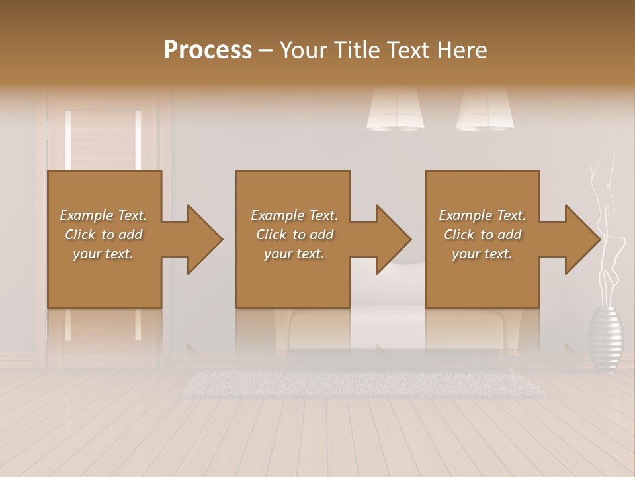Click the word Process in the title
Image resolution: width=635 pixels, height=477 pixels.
point(208,50)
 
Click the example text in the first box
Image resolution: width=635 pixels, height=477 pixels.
point(103,235)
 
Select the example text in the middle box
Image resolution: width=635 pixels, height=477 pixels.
point(294,235)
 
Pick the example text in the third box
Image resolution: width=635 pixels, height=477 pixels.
point(482,235)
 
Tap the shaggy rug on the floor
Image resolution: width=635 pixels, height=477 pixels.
point(364,384)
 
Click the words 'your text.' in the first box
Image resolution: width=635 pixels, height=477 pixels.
point(103,254)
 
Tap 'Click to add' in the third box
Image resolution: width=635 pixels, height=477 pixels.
point(483,235)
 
